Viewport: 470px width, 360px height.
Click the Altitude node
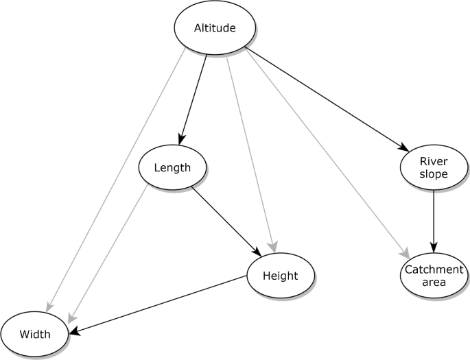(x=215, y=28)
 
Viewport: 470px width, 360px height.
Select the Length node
(x=172, y=167)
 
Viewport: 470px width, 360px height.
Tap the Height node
(x=280, y=276)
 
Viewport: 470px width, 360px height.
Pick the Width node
(x=34, y=335)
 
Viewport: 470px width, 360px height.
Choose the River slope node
(x=433, y=168)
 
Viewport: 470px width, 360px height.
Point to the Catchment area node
(x=433, y=276)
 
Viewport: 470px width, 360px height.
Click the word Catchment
(x=434, y=269)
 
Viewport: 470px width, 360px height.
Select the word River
(x=434, y=162)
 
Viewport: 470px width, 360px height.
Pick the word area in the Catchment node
(x=434, y=282)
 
